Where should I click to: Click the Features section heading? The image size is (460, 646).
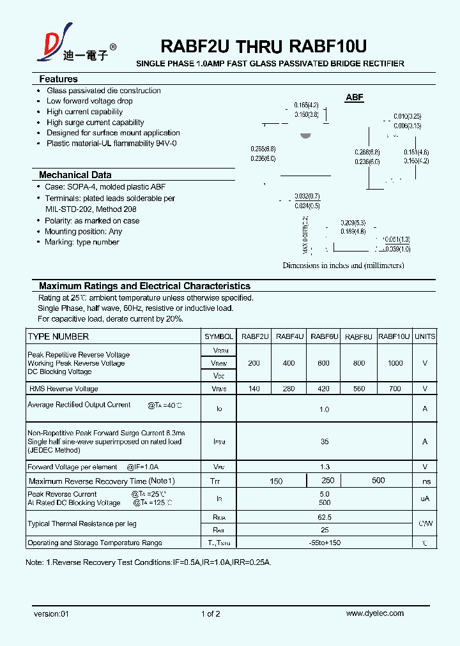58,79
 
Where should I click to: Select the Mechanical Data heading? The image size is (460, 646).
75,175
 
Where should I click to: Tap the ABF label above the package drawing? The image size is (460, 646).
354,98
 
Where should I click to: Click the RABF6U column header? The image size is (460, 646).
323,336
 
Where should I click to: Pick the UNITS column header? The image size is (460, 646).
425,336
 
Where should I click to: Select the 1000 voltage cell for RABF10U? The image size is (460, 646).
395,363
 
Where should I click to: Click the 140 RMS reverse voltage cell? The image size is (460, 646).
254,388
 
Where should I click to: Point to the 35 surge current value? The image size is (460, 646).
325,441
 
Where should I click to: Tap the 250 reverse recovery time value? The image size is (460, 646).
328,481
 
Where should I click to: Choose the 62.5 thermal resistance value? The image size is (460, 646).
325,518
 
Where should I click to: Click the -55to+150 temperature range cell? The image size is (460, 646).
325,543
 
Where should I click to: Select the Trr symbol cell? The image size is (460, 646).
218,481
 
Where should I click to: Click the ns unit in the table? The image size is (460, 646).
426,481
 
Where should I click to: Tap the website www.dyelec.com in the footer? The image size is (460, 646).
374,613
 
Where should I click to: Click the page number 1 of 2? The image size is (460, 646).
210,614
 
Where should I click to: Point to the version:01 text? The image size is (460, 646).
50,614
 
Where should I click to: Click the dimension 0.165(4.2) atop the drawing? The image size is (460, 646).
306,105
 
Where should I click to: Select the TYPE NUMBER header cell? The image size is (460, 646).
58,336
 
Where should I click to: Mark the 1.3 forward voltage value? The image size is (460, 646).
325,467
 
